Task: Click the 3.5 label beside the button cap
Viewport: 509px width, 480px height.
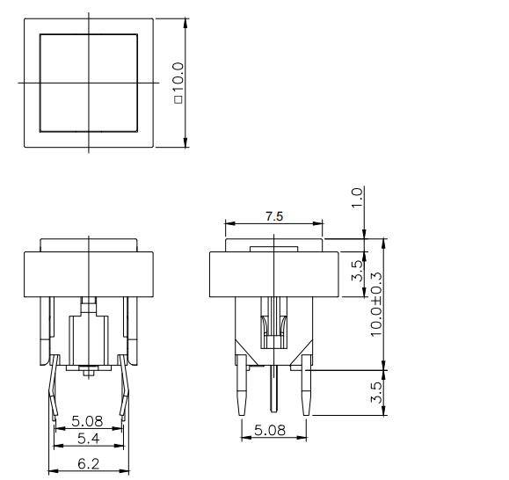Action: click(x=357, y=268)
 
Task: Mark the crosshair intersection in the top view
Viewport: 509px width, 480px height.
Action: click(x=89, y=83)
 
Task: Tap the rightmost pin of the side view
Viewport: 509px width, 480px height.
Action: click(x=306, y=391)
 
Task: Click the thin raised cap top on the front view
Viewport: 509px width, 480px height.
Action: click(x=89, y=244)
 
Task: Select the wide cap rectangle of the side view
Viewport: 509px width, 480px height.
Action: click(x=274, y=273)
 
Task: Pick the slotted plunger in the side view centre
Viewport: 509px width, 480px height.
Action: click(x=274, y=321)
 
